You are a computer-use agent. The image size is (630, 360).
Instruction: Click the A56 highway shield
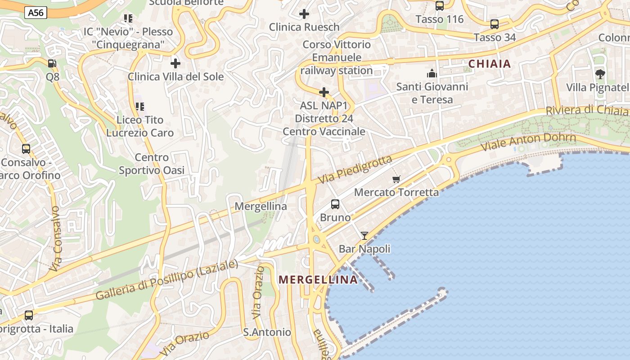[36, 13]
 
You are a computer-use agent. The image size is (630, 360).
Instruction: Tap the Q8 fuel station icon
[52, 63]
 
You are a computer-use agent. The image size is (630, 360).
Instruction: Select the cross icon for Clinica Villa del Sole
[175, 63]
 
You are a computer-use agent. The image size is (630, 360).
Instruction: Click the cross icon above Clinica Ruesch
[304, 14]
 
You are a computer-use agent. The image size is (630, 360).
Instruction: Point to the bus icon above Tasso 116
[440, 6]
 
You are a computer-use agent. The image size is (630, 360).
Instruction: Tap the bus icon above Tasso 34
[495, 24]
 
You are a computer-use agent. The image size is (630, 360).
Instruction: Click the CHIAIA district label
[490, 64]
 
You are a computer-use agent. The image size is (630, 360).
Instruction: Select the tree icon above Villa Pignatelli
[600, 74]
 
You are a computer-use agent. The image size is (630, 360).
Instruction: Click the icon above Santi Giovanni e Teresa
[432, 73]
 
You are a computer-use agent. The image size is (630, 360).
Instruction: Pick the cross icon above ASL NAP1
[324, 93]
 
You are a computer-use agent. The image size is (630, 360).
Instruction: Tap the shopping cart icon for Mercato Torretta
[396, 180]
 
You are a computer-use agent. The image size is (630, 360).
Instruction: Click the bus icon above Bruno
[335, 204]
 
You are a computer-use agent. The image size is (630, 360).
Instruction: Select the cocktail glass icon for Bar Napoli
[364, 236]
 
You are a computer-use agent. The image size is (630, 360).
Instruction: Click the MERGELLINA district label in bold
[318, 279]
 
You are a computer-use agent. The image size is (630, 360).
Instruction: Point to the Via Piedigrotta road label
[355, 169]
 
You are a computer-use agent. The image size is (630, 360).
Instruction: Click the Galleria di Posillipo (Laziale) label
[166, 280]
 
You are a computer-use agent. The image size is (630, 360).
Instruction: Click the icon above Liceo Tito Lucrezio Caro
[140, 107]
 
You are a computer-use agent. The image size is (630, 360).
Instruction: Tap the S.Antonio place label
[267, 332]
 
